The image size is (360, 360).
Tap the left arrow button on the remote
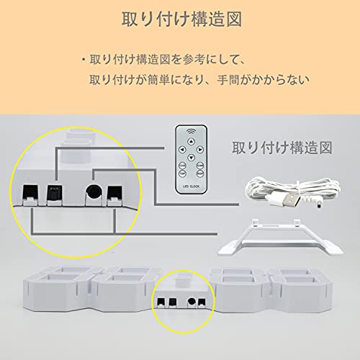[182, 150]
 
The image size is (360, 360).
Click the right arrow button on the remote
[200, 150]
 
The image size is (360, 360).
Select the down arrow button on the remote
[191, 158]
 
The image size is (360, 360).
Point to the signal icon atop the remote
[191, 132]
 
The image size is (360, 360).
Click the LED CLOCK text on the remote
[191, 186]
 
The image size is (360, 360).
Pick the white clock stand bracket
[280, 237]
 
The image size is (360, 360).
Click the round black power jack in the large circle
[94, 192]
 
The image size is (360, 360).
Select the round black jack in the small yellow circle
[192, 302]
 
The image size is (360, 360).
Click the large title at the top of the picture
[181, 19]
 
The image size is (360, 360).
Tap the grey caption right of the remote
[282, 148]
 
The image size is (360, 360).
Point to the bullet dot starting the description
[84, 60]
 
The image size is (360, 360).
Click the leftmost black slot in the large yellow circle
[30, 194]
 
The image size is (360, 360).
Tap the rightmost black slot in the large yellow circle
[114, 194]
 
